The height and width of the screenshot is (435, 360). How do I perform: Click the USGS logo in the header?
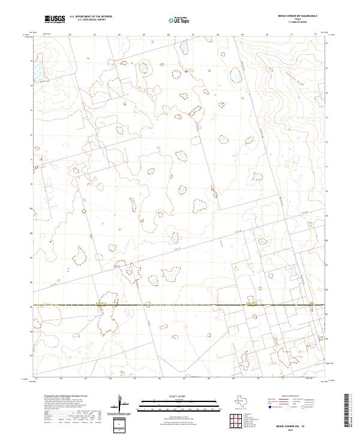click(x=55, y=19)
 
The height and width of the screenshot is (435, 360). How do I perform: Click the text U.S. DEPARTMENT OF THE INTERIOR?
click(x=91, y=17)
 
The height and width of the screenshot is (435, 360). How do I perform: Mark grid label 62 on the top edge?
click(x=70, y=35)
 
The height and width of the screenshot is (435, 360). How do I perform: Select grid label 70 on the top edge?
click(x=266, y=35)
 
